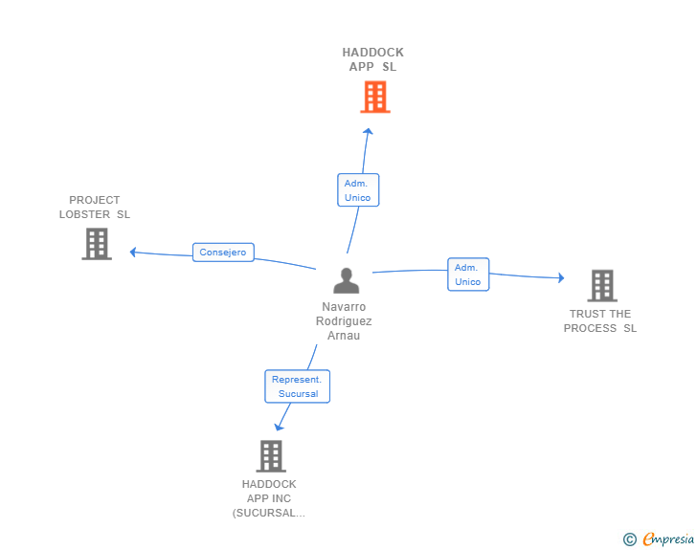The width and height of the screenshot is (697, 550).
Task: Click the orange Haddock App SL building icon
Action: (375, 97)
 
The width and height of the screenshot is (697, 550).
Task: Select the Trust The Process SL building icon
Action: (601, 285)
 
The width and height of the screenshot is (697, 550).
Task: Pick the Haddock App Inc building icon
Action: (271, 456)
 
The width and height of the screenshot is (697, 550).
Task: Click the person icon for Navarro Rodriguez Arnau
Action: (346, 280)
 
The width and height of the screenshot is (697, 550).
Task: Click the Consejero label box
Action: (223, 253)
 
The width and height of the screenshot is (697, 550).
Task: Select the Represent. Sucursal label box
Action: (297, 386)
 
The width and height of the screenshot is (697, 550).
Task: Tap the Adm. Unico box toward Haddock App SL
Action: (358, 189)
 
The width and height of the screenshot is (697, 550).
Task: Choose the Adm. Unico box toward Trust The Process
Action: (468, 275)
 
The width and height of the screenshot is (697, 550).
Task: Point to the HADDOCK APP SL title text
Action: (373, 59)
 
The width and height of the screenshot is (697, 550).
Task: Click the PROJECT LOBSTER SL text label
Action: (95, 208)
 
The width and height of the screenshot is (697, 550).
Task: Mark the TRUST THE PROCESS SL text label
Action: (600, 321)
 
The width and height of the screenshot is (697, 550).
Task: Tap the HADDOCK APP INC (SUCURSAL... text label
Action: (269, 498)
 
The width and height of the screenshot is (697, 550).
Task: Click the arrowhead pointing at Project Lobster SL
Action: (134, 252)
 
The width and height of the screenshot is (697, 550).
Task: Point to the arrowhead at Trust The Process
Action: (560, 278)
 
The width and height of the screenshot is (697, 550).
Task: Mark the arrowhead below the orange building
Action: (367, 131)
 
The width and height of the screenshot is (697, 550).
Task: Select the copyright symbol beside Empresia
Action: (629, 539)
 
